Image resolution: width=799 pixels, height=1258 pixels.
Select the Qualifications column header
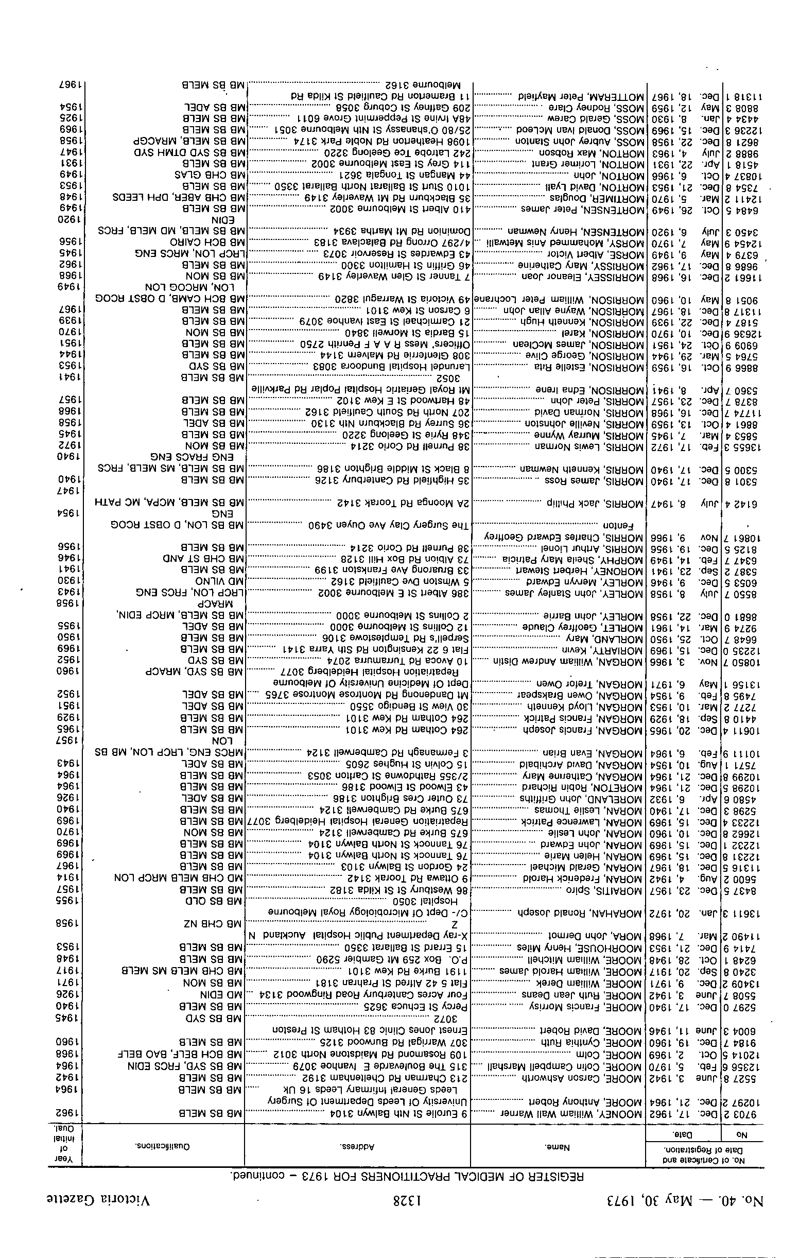pyautogui.click(x=164, y=1150)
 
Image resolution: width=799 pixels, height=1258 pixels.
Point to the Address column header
pyautogui.click(x=358, y=1150)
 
